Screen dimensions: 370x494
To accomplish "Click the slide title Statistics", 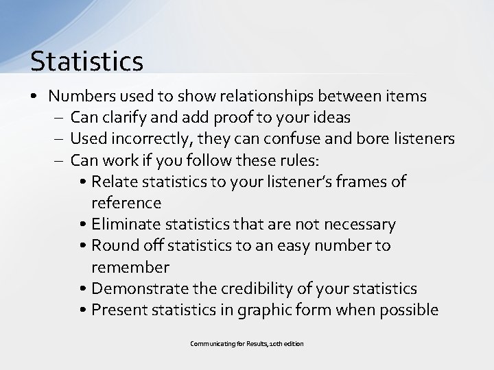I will tap(86, 61).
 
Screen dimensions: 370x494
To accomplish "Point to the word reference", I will tap(126, 203).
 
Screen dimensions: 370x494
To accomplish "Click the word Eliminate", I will tap(125, 224).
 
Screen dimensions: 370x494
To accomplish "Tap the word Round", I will tap(113, 245).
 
